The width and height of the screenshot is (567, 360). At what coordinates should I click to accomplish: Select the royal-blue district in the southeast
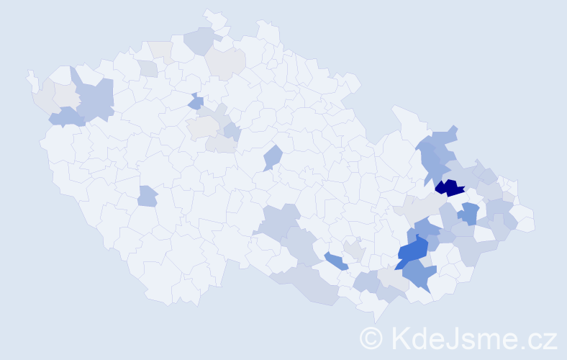413,252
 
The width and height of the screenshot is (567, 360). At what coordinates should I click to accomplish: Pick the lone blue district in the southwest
147,195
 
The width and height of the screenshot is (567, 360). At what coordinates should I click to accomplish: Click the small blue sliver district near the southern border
335,261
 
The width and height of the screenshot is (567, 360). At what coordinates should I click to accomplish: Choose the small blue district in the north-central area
196,103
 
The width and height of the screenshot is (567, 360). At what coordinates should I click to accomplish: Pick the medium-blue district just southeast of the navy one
470,213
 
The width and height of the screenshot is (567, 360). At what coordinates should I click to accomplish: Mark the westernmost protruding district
31,78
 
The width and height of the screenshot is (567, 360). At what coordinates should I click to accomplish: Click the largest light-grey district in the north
225,64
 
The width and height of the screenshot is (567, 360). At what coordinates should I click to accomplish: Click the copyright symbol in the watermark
371,337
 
